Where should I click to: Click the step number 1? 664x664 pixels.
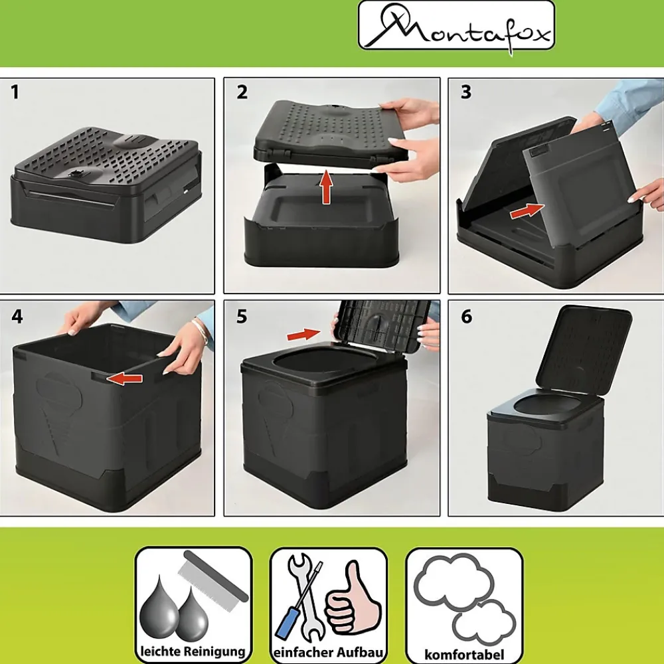15,92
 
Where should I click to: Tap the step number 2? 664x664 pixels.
242,92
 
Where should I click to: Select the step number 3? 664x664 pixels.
466,92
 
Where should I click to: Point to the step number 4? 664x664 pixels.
17,316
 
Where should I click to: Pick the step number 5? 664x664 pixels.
242,316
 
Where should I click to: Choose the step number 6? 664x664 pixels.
466,316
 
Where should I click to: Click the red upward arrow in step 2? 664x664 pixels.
326,187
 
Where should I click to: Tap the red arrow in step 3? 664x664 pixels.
527,210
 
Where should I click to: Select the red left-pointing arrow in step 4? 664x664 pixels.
125,378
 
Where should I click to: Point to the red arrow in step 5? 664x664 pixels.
303,335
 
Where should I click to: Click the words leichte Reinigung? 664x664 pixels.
193,651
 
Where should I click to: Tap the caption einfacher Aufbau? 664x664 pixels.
329,652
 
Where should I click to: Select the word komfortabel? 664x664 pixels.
464,654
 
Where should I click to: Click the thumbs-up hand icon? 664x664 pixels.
353,598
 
